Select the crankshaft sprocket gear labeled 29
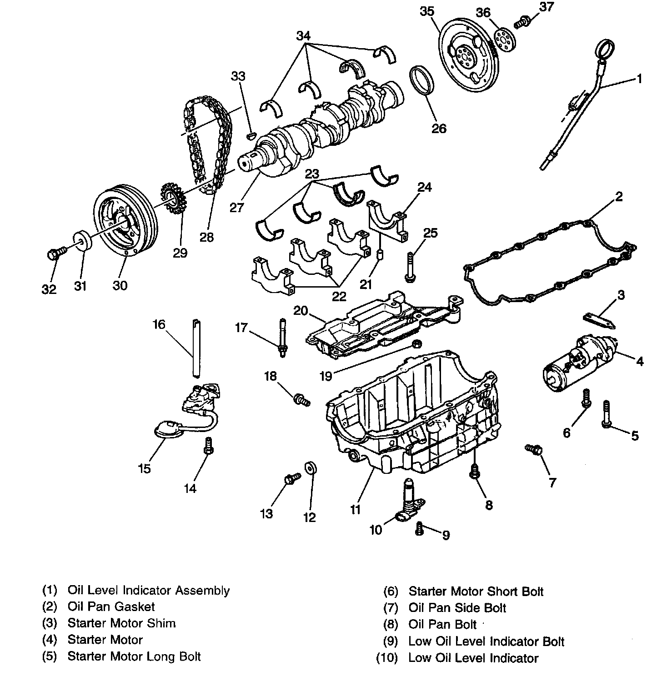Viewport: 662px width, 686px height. (173, 198)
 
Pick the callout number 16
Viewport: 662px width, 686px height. (159, 324)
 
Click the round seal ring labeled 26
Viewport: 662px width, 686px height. (423, 82)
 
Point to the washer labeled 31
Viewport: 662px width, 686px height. (83, 240)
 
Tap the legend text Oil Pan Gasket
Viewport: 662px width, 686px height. (111, 606)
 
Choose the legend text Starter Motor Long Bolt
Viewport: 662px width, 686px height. (134, 656)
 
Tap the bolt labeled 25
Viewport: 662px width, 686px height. (408, 266)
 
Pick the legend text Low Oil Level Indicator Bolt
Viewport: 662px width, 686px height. (486, 641)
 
